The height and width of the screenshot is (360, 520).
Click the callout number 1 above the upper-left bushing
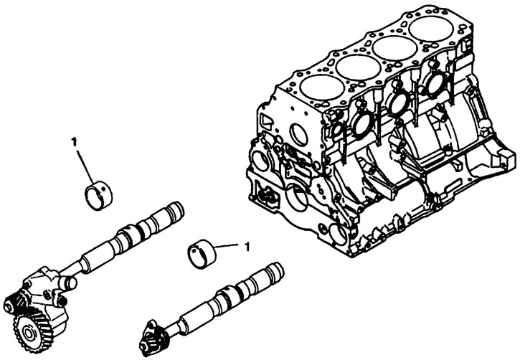click(74, 142)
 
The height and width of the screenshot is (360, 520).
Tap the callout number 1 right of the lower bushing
click(247, 246)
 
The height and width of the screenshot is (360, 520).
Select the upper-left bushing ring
click(99, 196)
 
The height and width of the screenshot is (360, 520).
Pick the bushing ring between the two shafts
click(202, 254)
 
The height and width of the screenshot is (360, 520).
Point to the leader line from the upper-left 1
click(85, 168)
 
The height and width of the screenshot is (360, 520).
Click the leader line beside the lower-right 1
click(226, 246)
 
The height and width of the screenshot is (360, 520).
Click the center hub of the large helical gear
click(29, 333)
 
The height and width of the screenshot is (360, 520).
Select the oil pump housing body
click(44, 292)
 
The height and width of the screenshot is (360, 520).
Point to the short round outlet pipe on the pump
click(69, 282)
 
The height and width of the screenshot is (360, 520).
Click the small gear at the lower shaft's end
click(156, 339)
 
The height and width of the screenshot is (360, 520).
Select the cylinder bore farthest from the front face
click(431, 29)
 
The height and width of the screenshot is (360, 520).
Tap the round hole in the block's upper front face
click(298, 134)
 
